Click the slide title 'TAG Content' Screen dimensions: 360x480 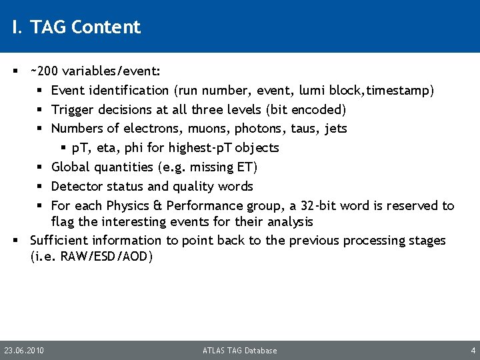[85, 27]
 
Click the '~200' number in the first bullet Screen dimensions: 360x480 [43, 71]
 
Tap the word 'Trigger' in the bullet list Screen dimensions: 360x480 [73, 109]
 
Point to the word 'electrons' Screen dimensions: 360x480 [143, 128]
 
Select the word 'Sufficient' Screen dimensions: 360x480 [59, 240]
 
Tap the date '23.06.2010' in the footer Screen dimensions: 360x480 [24, 351]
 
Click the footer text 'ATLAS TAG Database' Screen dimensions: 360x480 [240, 351]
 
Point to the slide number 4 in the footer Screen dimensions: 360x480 [473, 351]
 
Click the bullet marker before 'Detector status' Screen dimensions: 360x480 [41, 187]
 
